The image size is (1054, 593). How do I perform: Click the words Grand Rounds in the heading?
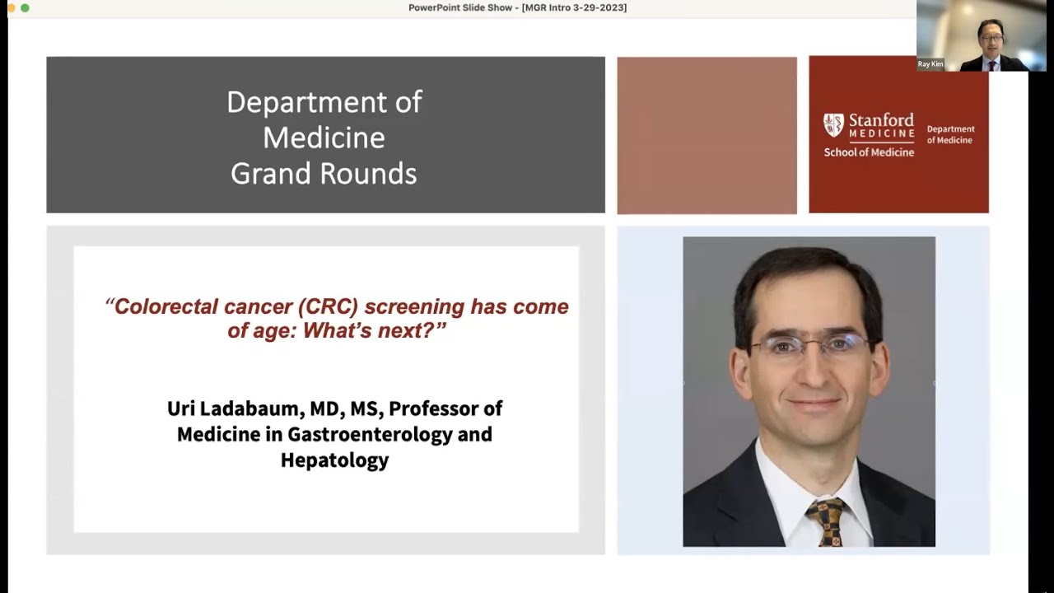(324, 174)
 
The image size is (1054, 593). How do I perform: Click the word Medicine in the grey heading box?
(324, 138)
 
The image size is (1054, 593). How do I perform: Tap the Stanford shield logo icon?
(833, 125)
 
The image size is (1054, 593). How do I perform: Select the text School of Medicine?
(869, 152)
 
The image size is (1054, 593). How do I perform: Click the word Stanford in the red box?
(881, 119)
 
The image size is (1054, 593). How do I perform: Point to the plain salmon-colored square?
(707, 135)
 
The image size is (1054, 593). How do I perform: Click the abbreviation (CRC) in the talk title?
(328, 306)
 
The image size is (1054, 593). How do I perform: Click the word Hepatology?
(334, 460)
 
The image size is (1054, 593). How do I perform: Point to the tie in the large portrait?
(825, 522)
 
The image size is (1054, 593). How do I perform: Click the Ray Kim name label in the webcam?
(930, 64)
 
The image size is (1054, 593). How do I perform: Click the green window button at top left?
(25, 7)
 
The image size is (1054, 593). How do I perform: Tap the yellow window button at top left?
(12, 7)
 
